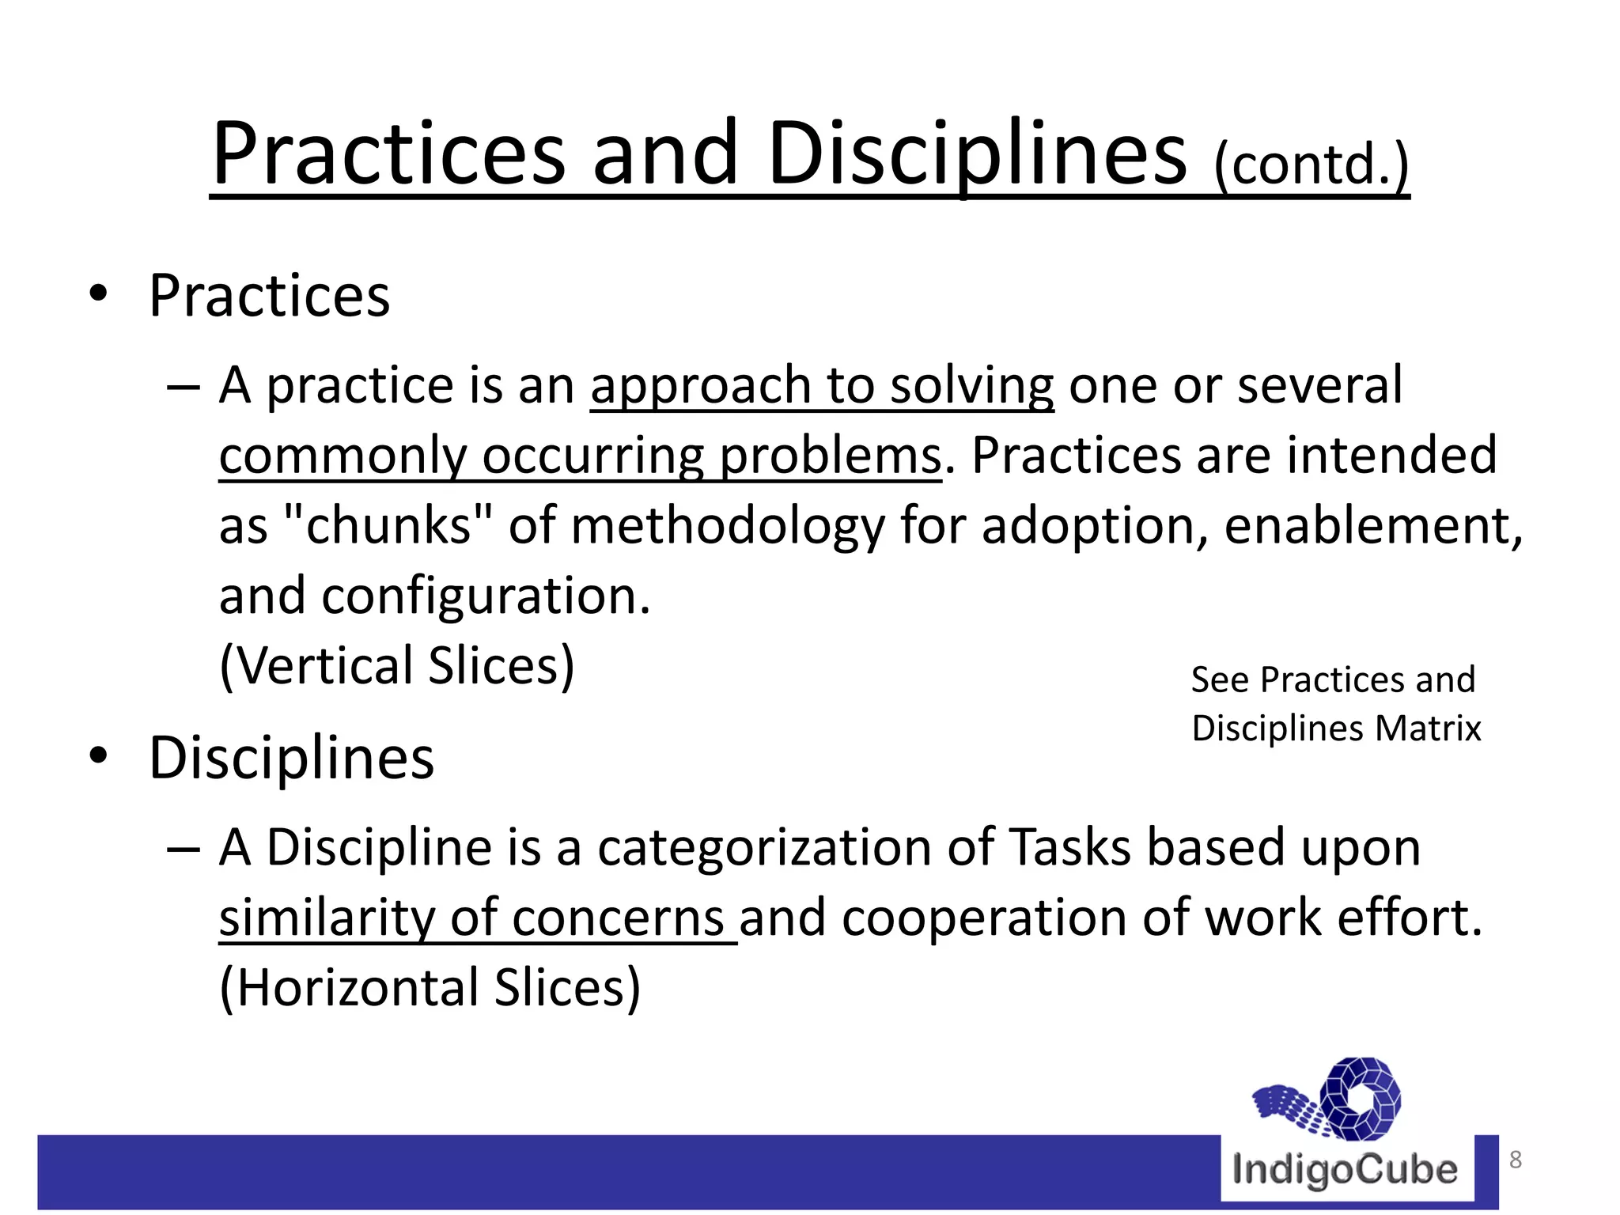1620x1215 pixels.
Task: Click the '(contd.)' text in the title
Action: click(x=1312, y=165)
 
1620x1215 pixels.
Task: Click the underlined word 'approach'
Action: click(x=699, y=386)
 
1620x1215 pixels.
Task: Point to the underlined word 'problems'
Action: click(x=830, y=456)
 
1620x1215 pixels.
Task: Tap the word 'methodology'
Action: click(x=728, y=527)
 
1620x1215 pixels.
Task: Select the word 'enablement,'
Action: click(x=1373, y=525)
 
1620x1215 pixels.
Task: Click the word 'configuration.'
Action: click(x=485, y=596)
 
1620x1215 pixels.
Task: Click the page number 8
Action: click(x=1516, y=1160)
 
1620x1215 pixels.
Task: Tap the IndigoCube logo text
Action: click(x=1345, y=1170)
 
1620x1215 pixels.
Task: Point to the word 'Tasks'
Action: click(x=1070, y=847)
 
